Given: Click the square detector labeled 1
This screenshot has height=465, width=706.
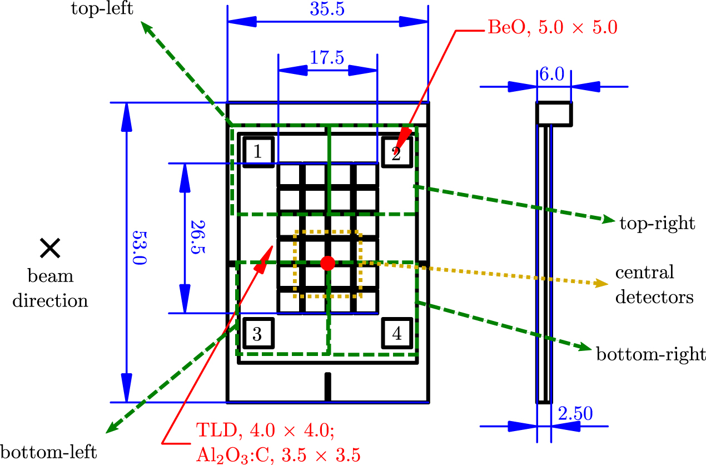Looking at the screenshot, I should pos(257,151).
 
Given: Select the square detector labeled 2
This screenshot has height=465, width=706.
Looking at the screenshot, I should pos(396,151).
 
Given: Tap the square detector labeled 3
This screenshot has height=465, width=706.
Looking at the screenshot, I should pos(257,334).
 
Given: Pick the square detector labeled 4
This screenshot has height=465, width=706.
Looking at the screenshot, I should pos(396,334).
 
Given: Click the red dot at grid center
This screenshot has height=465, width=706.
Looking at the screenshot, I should pos(327,263).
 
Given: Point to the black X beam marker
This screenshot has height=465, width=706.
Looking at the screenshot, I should pos(50,248).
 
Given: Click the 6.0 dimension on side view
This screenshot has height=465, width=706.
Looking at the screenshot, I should pos(553,74).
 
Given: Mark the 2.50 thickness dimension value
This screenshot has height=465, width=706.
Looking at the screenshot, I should pos(574,413).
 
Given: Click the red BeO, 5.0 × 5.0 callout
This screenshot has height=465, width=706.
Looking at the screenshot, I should pos(552,27).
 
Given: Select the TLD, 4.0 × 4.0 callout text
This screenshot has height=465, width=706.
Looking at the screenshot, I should pos(271,431).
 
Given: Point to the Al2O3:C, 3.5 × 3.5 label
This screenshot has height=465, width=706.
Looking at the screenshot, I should pos(278,454).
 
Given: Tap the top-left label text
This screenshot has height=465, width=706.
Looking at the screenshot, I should pos(101,9).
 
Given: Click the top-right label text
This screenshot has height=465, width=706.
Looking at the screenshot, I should pos(657,224).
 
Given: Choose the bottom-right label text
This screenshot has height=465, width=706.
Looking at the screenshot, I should pos(650,354).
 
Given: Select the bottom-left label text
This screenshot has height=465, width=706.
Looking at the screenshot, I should pos(49,449).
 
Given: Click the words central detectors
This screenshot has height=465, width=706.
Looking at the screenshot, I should pos(654,285).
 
